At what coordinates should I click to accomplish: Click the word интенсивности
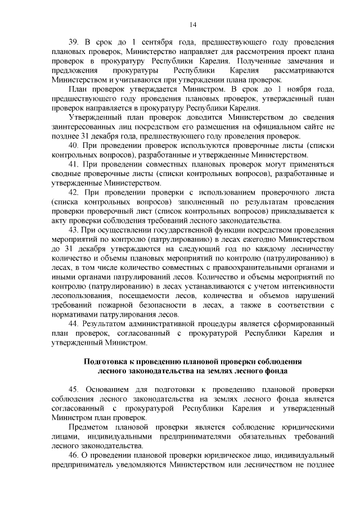coord(308,285)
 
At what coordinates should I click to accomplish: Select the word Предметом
coord(88,426)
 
